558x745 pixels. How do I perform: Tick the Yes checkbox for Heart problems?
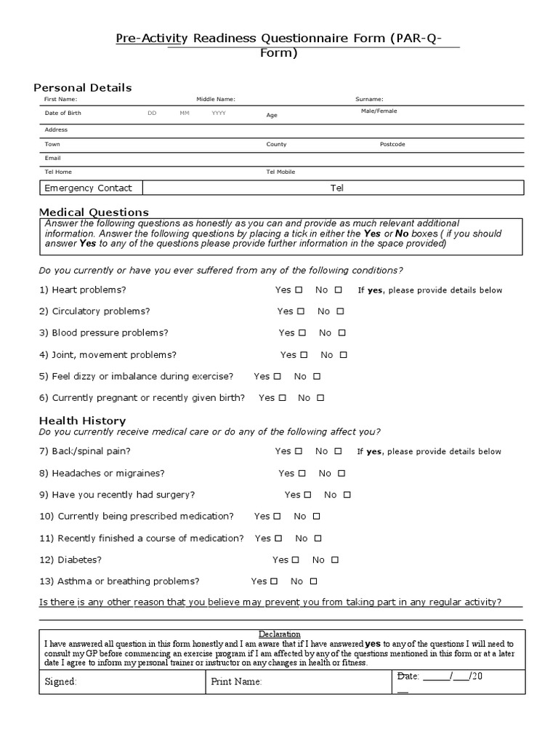299,290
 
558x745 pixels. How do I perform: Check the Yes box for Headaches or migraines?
302,473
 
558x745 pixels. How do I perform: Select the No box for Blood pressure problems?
342,332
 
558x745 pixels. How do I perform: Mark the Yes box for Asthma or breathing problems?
274,581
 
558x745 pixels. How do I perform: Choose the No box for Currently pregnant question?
320,398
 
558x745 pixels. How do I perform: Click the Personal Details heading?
85,87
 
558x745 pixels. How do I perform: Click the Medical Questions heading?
94,212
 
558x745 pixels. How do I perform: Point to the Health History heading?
82,421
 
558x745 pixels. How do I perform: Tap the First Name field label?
60,99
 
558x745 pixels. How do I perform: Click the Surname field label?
369,99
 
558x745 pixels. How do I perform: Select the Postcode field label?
392,144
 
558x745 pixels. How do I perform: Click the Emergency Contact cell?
88,188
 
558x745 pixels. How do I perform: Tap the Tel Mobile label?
281,172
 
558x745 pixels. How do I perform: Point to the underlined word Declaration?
280,634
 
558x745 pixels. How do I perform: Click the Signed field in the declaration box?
61,682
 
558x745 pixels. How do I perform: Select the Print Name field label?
236,682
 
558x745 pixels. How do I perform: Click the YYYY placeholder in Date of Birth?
219,113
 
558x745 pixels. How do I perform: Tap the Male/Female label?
379,111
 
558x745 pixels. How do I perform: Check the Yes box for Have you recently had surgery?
307,495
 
